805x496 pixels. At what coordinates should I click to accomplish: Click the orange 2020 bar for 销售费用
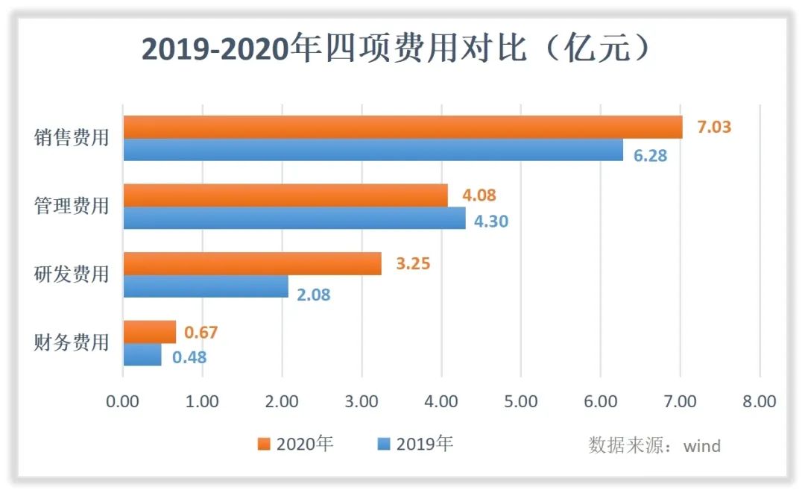click(402, 128)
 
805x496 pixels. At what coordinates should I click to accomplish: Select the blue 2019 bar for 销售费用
click(373, 151)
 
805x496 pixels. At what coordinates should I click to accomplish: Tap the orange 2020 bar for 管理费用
click(285, 196)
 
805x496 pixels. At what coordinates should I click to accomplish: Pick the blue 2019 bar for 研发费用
click(206, 287)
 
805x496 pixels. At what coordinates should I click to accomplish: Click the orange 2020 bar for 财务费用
click(150, 332)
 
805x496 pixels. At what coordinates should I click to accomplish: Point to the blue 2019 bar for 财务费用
click(142, 355)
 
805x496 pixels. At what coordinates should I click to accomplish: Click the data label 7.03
click(713, 127)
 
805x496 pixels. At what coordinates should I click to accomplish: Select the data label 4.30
click(490, 221)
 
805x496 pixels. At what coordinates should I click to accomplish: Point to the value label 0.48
click(189, 357)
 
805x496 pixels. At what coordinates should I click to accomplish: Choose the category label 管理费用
click(72, 206)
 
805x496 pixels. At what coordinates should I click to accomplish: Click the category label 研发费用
click(72, 274)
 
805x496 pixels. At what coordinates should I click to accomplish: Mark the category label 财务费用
click(72, 343)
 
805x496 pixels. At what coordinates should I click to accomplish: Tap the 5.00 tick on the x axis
click(521, 401)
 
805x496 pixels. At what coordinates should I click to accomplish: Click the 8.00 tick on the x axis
click(760, 401)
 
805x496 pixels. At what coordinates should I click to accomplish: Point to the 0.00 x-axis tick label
click(123, 401)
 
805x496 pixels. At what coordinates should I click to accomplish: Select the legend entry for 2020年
click(296, 445)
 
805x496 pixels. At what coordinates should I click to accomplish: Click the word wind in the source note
click(702, 446)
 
